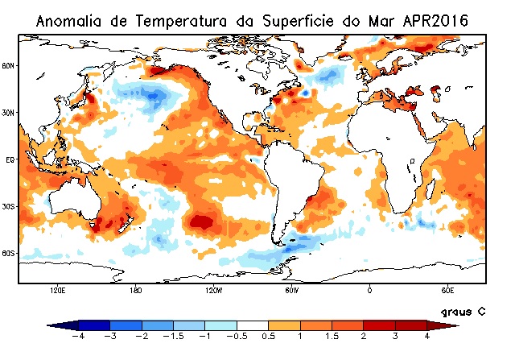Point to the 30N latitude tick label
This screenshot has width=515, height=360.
coord(8,113)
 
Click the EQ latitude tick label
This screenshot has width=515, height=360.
coord(10,159)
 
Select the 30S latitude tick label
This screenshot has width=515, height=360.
coord(8,206)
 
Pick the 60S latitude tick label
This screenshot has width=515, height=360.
coord(8,253)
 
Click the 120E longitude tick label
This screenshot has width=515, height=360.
coord(57,288)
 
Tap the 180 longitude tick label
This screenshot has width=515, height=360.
coord(135,288)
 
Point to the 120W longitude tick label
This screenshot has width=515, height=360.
coord(213,288)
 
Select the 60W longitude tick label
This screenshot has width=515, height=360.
coord(291,288)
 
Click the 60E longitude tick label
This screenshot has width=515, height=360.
coord(447,288)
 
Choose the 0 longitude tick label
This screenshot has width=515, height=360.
coord(369,288)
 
